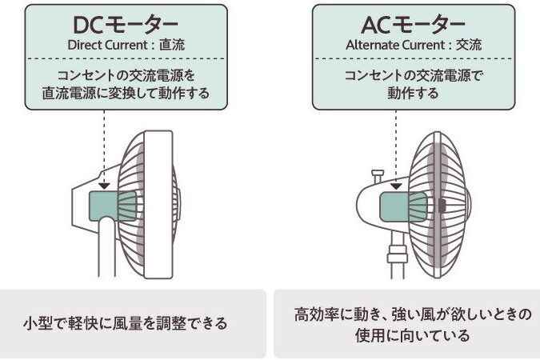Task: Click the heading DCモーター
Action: tap(126, 25)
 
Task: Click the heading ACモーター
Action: tap(414, 25)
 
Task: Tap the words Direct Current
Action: tap(108, 45)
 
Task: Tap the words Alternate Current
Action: tap(396, 45)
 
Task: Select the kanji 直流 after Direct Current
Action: tap(172, 45)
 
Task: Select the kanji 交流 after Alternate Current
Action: tap(469, 45)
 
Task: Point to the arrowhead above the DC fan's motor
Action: tap(104, 186)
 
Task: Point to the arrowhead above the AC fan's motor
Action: tap(396, 186)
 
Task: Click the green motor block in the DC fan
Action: tap(113, 206)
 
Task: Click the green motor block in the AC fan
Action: tap(403, 206)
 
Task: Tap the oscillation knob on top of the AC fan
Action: tap(378, 176)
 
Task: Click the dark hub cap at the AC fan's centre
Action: tap(442, 206)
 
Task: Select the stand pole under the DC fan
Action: tap(106, 247)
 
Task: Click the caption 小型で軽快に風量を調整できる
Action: tap(126, 323)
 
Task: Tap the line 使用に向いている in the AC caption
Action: tap(413, 335)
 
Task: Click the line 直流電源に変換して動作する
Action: tap(126, 93)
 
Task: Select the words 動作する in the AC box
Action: tap(413, 93)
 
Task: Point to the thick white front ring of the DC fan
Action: tap(158, 204)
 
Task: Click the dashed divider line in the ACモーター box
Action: tap(414, 58)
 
